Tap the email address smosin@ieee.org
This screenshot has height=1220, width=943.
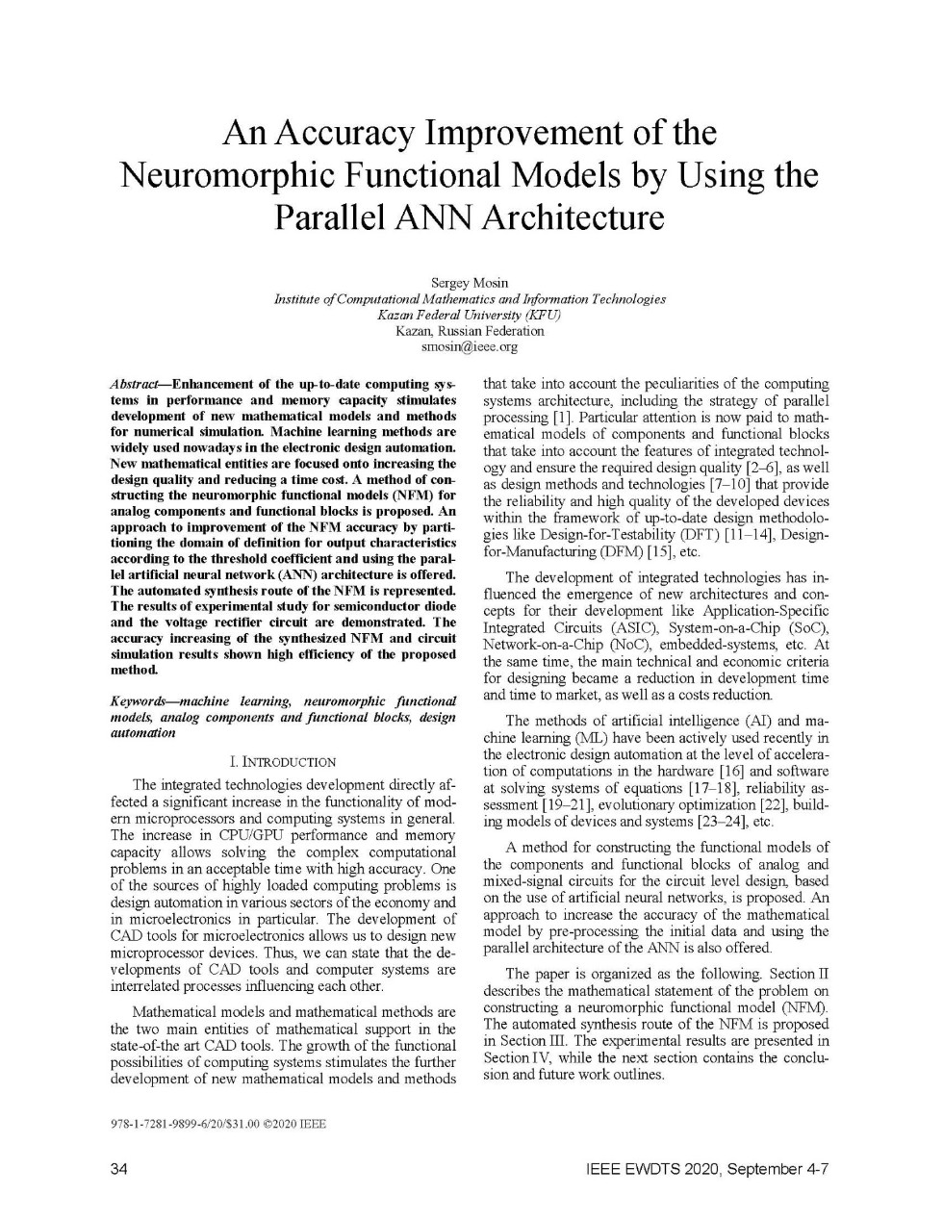[x=470, y=346]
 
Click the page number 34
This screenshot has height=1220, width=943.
[x=120, y=1169]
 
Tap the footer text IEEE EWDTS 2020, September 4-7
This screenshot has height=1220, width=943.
[x=707, y=1169]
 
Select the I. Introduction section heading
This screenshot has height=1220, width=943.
[x=283, y=762]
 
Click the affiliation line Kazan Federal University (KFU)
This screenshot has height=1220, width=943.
[x=470, y=315]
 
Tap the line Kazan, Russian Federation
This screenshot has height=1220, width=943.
[x=470, y=330]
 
